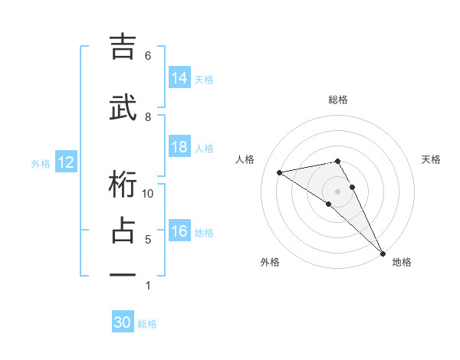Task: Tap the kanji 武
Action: tap(123, 109)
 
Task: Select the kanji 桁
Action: tap(123, 185)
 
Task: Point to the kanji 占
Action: tap(123, 231)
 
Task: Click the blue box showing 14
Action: tap(179, 77)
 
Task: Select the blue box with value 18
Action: tap(179, 147)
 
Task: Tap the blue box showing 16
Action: tap(179, 231)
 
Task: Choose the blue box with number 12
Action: tap(66, 162)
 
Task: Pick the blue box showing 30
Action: tap(123, 322)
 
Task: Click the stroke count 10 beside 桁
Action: tap(149, 194)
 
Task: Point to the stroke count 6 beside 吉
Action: tap(148, 56)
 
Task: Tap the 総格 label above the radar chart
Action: tap(338, 100)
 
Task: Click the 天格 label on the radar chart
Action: tap(431, 159)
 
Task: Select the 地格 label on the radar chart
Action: tap(402, 262)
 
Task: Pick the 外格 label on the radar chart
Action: tap(270, 262)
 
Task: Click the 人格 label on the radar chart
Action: tap(245, 159)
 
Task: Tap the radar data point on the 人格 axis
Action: tap(279, 172)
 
